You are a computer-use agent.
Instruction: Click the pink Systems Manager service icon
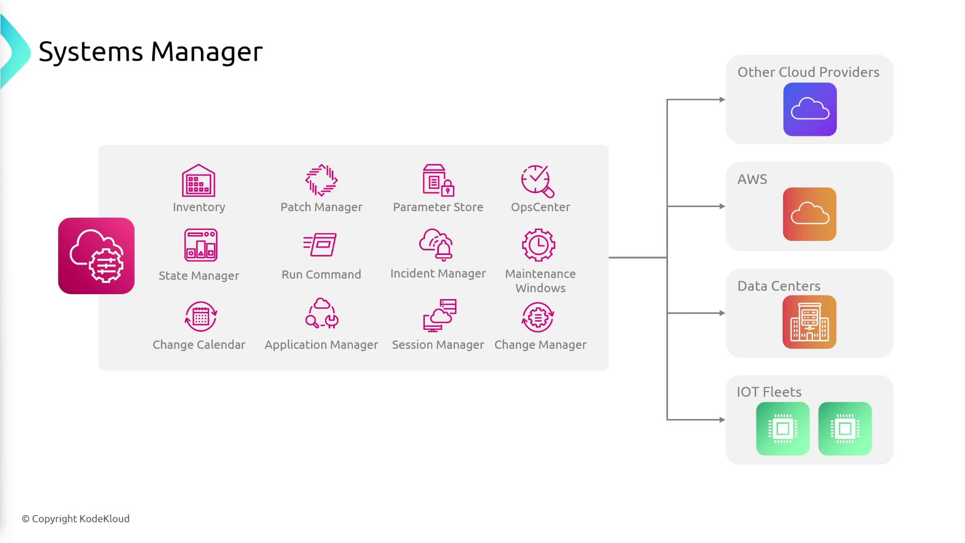click(96, 256)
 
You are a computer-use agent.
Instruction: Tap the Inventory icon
click(199, 180)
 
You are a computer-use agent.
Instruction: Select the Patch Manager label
click(321, 207)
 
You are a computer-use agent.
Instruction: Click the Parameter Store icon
click(438, 180)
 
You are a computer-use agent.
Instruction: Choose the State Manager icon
click(201, 245)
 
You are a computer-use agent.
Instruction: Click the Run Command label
click(321, 275)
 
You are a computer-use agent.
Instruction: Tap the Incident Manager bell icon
click(436, 245)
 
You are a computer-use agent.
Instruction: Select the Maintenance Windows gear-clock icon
click(538, 245)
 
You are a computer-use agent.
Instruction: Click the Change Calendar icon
click(201, 316)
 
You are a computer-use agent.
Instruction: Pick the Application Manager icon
click(322, 313)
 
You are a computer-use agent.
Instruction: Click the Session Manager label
click(438, 345)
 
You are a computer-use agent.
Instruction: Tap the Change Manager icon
click(538, 317)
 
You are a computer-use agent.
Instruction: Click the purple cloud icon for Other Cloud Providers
click(810, 110)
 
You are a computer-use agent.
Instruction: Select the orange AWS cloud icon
click(810, 214)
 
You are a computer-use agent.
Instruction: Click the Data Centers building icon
click(809, 322)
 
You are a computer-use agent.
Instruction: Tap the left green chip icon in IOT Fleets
click(783, 429)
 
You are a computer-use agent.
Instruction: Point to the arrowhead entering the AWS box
click(722, 206)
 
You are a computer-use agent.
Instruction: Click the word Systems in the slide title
click(91, 52)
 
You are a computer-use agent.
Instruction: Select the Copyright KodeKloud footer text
click(75, 519)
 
